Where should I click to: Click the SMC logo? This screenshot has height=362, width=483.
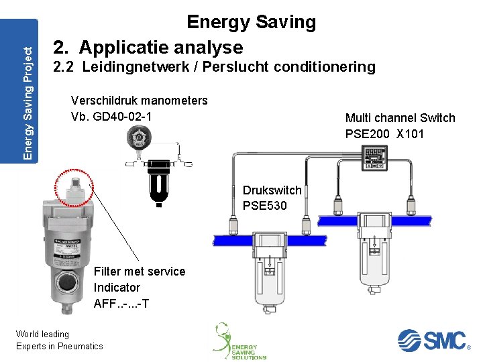click(x=432, y=340)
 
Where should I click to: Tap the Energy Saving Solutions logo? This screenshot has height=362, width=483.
click(x=240, y=342)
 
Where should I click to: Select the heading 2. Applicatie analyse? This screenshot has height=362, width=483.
click(x=148, y=48)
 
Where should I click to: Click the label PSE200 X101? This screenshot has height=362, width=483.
click(x=384, y=133)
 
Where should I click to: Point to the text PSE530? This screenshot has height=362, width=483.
click(x=264, y=205)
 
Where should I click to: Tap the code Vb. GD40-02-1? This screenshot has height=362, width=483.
click(x=111, y=116)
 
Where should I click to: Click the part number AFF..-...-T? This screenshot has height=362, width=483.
click(x=121, y=303)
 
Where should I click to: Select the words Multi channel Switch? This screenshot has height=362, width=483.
click(x=400, y=118)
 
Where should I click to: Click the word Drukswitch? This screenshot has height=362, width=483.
click(x=272, y=190)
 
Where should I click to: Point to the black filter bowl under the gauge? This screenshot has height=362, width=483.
click(x=159, y=183)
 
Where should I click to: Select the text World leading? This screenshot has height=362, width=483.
click(x=42, y=334)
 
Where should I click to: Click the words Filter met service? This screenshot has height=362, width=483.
click(x=140, y=271)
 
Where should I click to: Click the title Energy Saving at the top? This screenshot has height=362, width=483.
click(x=251, y=22)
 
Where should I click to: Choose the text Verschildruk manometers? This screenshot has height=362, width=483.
click(x=139, y=101)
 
